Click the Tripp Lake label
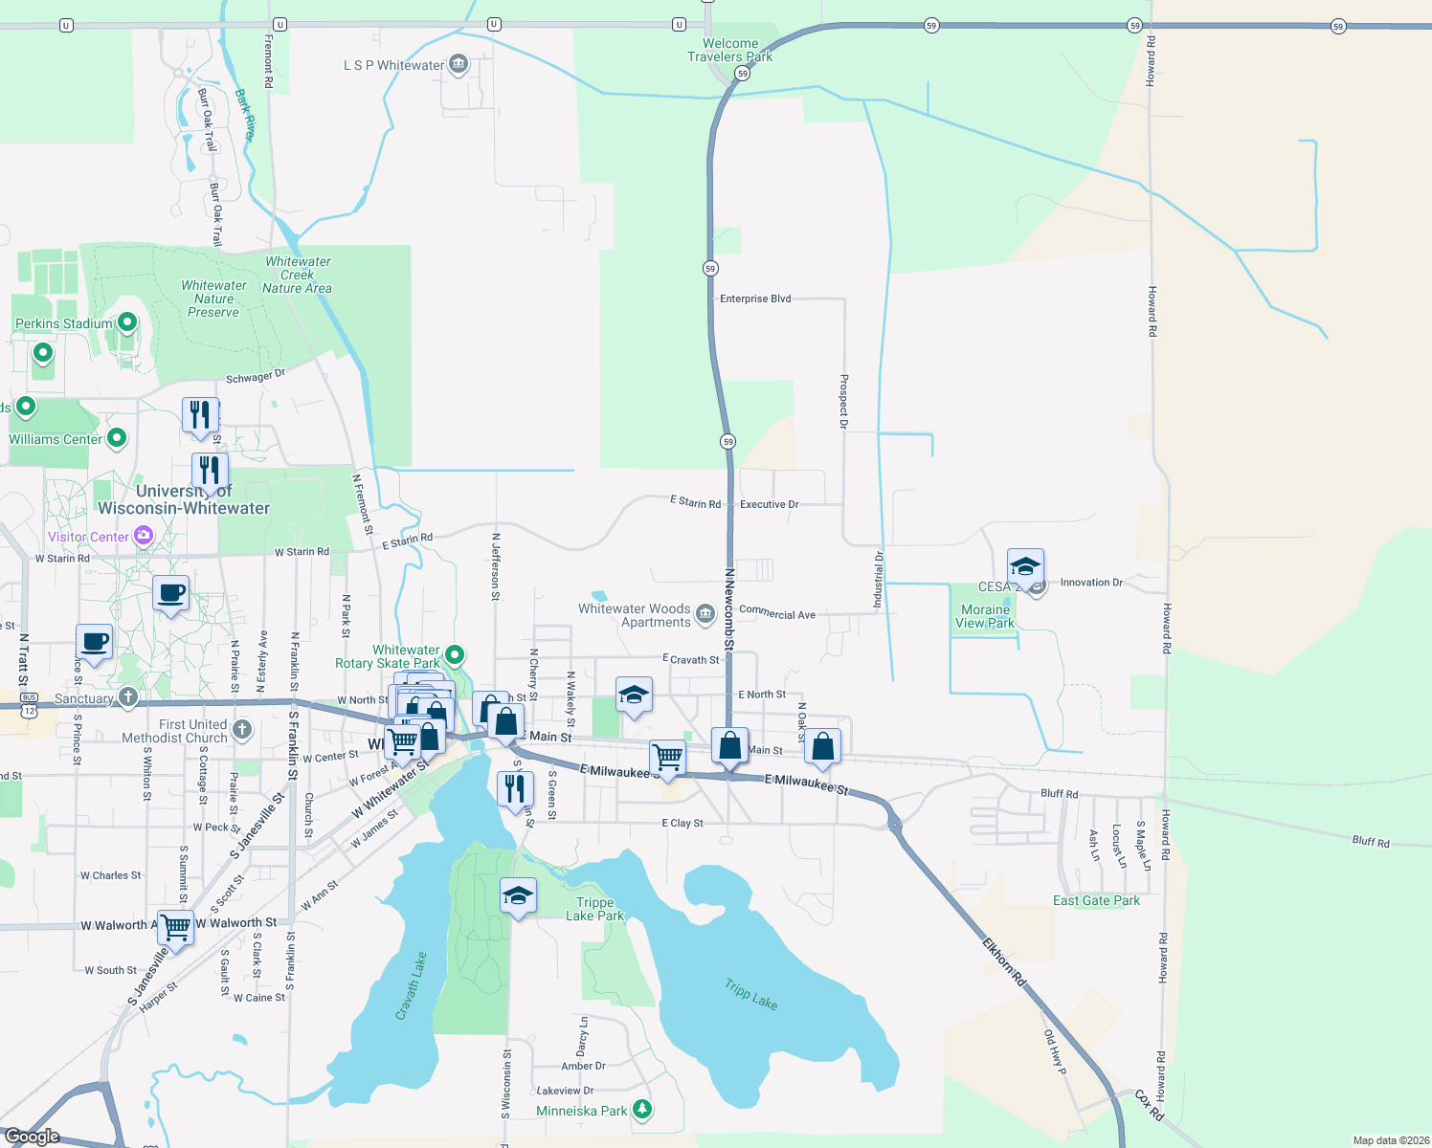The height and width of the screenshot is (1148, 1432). (751, 994)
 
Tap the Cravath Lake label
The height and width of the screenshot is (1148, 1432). (412, 986)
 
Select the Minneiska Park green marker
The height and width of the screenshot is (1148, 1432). (643, 1110)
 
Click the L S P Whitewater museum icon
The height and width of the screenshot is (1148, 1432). (459, 65)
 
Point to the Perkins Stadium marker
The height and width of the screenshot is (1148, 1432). (126, 323)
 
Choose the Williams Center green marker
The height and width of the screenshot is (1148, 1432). (117, 438)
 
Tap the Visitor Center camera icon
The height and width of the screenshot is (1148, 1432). (144, 536)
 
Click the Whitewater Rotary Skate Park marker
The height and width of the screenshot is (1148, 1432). (456, 655)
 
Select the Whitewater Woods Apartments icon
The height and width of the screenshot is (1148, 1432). (705, 613)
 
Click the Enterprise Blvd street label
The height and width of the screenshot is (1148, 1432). (755, 298)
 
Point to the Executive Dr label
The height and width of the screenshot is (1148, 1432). (769, 504)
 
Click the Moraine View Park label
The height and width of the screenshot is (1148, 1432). (985, 616)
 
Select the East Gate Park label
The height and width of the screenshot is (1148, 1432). (1096, 900)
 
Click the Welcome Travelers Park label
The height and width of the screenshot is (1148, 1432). (729, 50)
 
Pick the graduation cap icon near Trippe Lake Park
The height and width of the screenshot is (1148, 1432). (518, 895)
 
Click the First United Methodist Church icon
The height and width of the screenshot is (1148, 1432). (242, 730)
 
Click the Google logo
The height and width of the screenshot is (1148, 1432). (32, 1136)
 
